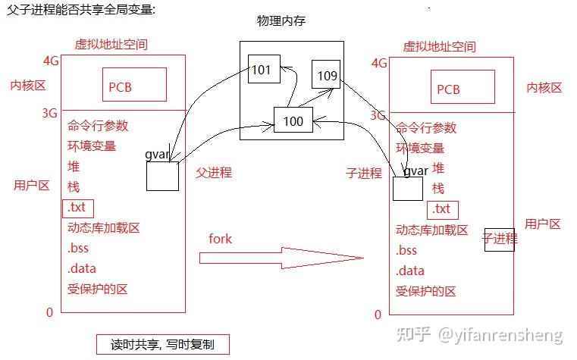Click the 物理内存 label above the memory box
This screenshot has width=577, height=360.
pos(285,20)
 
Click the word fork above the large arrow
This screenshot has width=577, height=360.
pos(220,239)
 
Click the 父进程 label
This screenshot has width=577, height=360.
pos(214,172)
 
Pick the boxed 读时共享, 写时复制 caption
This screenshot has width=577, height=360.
pos(162,344)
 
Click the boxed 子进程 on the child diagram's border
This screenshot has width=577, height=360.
pos(500,240)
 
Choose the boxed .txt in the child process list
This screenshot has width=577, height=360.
pos(442,208)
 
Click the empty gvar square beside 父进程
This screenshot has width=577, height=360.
pos(162,176)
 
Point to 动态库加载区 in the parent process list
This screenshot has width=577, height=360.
pos(104,227)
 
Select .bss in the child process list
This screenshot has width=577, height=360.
pos(406,251)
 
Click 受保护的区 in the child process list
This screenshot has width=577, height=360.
pos(425,291)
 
